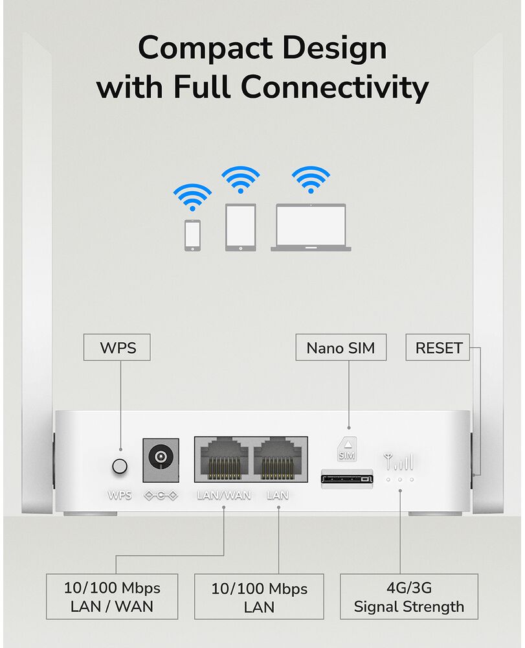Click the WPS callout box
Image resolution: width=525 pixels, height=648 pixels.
coord(117,347)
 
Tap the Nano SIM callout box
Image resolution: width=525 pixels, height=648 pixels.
coord(341,347)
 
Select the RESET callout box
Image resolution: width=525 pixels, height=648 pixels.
coord(438,347)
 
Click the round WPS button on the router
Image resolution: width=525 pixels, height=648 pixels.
coord(120,466)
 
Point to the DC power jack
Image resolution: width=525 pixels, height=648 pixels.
coord(161,460)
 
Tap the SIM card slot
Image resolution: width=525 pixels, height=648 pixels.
coord(347,479)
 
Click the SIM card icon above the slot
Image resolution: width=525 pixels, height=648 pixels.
coord(347,449)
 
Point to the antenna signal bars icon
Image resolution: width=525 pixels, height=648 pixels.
coord(399,461)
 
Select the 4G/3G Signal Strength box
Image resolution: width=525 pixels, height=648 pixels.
coord(409,596)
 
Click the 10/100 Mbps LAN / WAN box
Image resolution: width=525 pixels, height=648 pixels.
coord(112,596)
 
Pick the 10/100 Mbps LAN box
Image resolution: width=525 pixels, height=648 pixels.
coord(259,596)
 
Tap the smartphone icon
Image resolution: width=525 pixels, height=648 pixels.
coord(192,235)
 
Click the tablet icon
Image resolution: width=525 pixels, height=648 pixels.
coord(241,227)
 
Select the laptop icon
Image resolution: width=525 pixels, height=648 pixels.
coord(311,227)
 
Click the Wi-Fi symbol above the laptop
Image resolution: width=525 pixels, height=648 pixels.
coord(311,179)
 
